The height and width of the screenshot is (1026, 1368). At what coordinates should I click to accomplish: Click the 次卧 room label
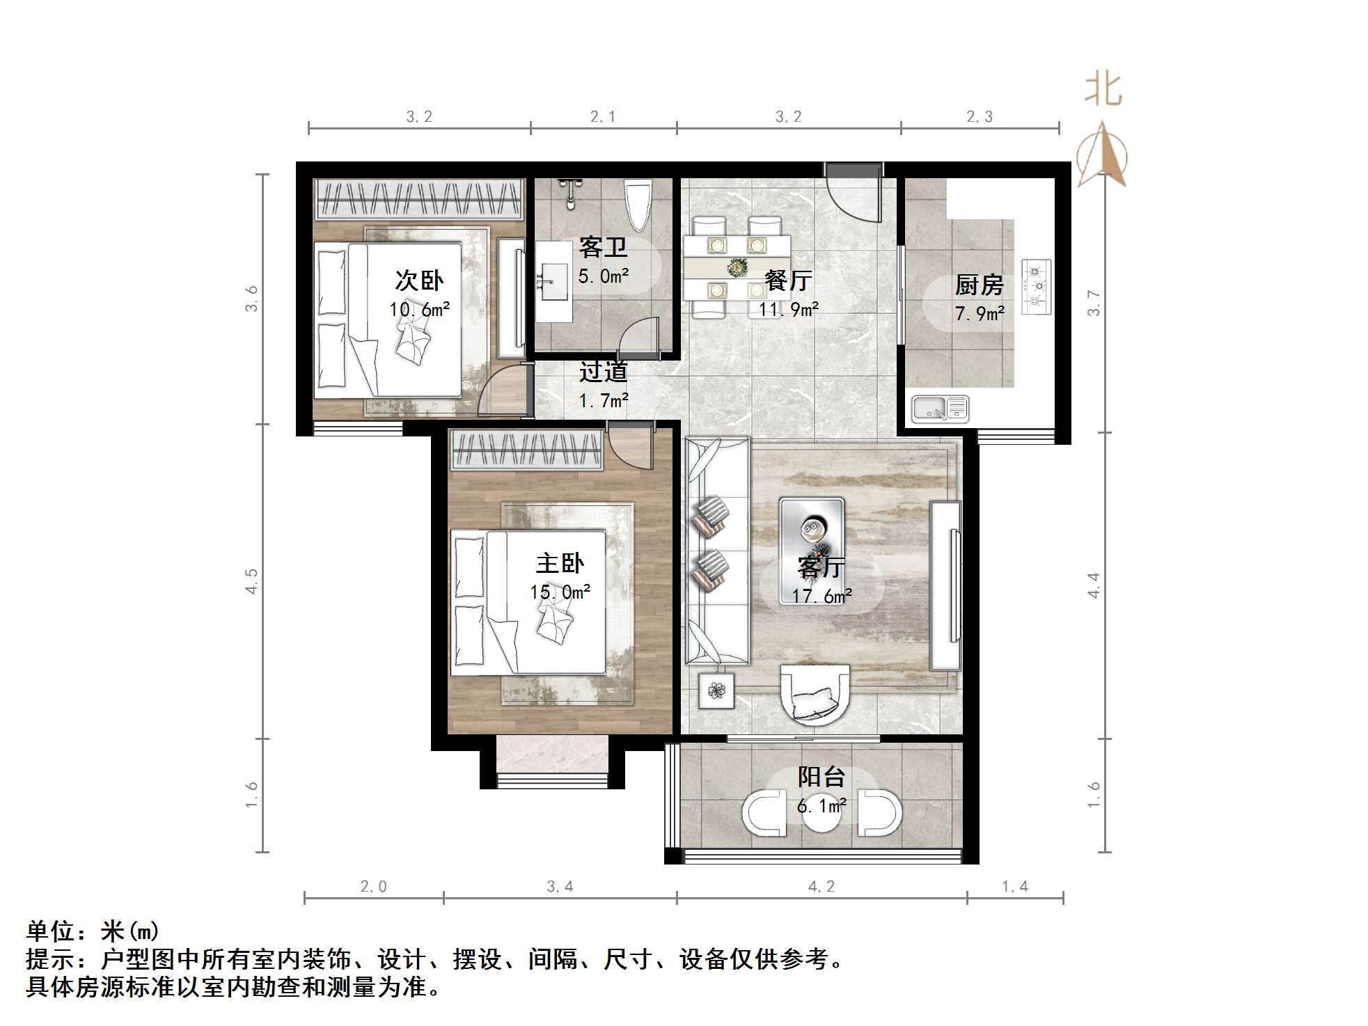coord(418,281)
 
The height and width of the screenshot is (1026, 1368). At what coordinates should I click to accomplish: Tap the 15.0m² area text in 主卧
coord(560,592)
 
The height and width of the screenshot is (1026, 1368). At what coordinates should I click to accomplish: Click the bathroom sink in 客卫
coord(554,281)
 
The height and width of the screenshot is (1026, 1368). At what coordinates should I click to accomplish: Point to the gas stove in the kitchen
coord(1036,286)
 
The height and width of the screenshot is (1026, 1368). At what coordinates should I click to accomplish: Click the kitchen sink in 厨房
coord(940,409)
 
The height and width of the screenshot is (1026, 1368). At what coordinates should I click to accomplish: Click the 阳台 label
coord(821,776)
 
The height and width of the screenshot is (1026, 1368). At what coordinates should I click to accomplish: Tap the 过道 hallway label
coord(604,372)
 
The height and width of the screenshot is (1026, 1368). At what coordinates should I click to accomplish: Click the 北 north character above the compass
coord(1103,90)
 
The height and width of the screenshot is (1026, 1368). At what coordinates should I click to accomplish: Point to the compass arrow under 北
coord(1102,155)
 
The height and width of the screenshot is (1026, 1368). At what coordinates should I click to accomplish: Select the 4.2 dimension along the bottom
coord(821,886)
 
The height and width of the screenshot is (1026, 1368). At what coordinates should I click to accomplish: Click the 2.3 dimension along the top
coord(979,116)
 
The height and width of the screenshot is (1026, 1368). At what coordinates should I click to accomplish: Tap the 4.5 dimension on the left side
coord(251,581)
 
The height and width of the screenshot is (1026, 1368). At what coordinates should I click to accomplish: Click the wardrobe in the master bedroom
coord(526,449)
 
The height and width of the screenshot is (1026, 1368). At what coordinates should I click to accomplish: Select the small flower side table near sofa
coord(716,690)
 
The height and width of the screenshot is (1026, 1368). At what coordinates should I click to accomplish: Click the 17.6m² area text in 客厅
coord(821,597)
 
